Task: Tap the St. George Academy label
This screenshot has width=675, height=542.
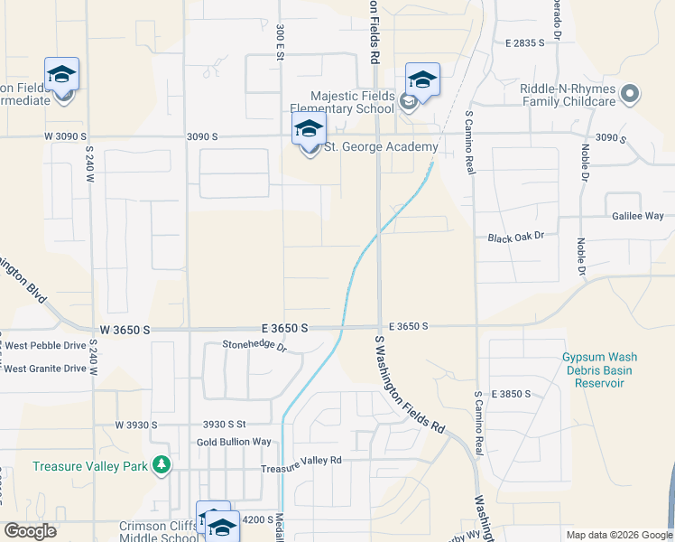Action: (x=381, y=146)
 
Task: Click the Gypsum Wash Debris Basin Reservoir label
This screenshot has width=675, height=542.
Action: (x=595, y=370)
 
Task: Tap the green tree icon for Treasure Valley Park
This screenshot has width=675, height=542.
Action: (x=162, y=464)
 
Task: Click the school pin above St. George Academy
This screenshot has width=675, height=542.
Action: (x=309, y=130)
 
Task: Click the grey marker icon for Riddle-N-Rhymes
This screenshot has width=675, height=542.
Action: (x=631, y=93)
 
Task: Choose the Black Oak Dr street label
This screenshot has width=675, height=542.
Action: (x=516, y=237)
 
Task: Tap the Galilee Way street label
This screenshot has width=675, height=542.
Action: (x=638, y=216)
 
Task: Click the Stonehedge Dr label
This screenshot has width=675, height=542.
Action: (x=254, y=346)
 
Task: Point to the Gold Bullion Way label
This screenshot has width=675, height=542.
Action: (x=234, y=442)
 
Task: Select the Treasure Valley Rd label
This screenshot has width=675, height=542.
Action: (x=301, y=460)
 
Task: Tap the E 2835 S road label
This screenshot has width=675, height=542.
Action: (x=526, y=42)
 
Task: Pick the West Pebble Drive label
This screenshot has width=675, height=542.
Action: (x=45, y=346)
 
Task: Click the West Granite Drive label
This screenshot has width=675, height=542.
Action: (x=45, y=369)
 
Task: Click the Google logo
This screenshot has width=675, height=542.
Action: (x=31, y=531)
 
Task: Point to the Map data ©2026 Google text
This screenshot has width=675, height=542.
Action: (x=617, y=535)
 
